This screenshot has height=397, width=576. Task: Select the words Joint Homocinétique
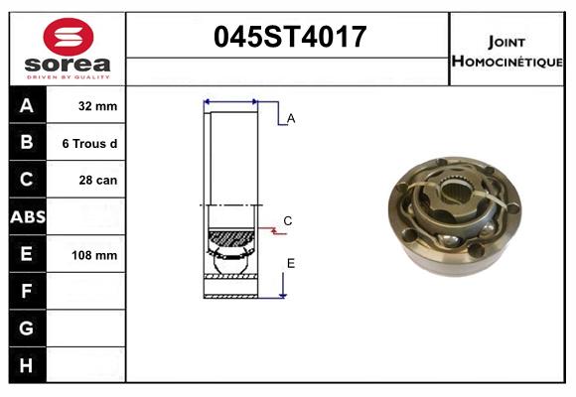pos(508,51)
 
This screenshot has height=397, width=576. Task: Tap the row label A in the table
pos(27,106)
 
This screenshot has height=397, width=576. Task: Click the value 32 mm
pos(95,106)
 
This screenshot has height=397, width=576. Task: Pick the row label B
pos(27,143)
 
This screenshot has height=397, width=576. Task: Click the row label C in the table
pos(27,180)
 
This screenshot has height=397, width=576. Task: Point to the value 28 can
pos(95,181)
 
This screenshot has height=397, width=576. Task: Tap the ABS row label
pos(27,217)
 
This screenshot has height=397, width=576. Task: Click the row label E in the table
pos(27,254)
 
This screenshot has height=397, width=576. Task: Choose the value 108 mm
pos(95,255)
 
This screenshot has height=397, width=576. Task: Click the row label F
pos(27,291)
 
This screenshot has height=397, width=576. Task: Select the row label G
pos(27,328)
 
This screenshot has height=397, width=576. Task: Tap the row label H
pos(27,365)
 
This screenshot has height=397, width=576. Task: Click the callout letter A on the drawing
pos(291,119)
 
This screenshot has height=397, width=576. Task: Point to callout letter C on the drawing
pos(287,220)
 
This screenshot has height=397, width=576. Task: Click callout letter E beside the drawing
pos(291,262)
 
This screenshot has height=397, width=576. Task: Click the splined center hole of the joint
pos(459,189)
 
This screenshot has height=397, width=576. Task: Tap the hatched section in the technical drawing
pos(230,238)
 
